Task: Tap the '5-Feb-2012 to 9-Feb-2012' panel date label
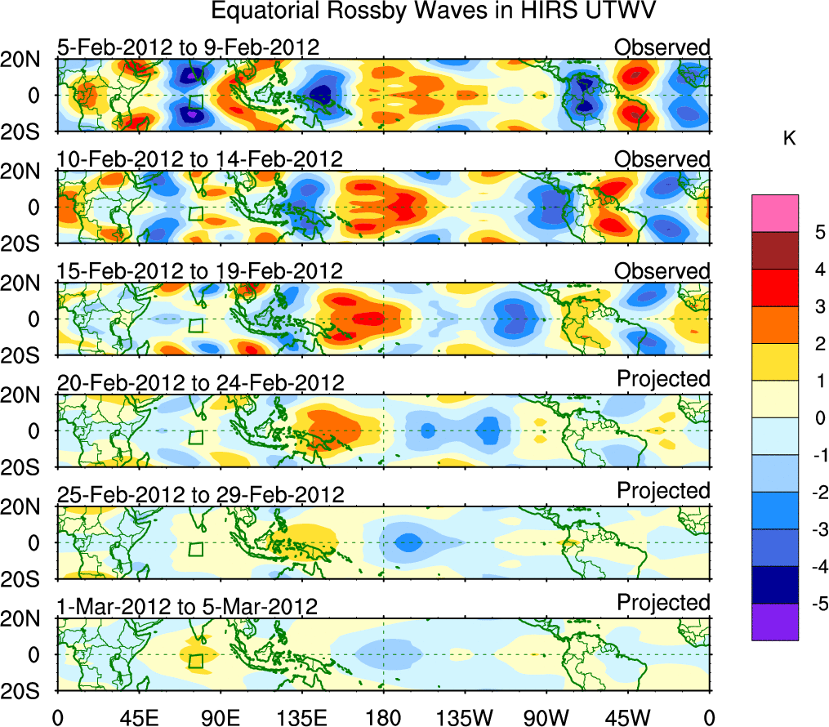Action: click(188, 47)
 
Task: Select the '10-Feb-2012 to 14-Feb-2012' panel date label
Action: click(200, 158)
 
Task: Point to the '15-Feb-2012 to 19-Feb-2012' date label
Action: click(200, 270)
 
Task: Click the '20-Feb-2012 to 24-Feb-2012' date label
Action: click(201, 382)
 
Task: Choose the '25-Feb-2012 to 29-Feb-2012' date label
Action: click(201, 494)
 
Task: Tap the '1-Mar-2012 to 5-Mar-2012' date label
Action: click(188, 606)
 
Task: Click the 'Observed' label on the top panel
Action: click(662, 47)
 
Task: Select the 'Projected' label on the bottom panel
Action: click(663, 603)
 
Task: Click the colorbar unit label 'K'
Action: click(789, 140)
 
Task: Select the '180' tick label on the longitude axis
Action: click(383, 717)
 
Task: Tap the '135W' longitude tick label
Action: click(465, 717)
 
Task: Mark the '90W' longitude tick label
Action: click(546, 717)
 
